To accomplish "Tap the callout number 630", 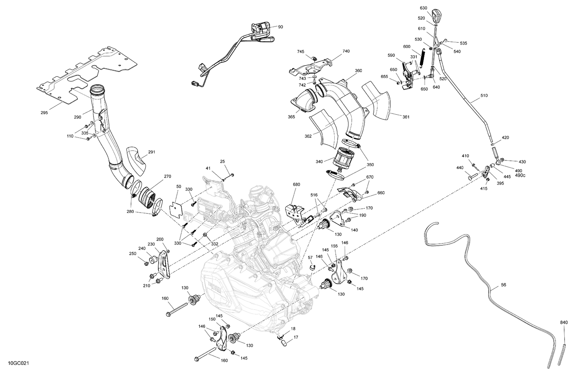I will click(423, 8).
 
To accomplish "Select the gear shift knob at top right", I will click(436, 15).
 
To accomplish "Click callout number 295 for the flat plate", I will click(44, 113).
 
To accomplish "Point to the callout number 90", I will click(281, 27).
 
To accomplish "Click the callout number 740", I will click(346, 51).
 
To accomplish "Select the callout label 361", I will click(406, 117).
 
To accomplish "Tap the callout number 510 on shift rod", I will click(484, 96).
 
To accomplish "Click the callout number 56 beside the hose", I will click(504, 286).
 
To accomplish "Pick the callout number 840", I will click(564, 323).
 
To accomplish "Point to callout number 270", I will click(168, 177).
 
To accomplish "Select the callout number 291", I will click(152, 152).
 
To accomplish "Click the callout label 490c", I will click(520, 176).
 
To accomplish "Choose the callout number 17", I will click(296, 338).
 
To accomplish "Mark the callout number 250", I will click(133, 254).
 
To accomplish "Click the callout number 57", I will click(310, 257).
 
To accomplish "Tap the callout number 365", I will click(291, 117).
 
